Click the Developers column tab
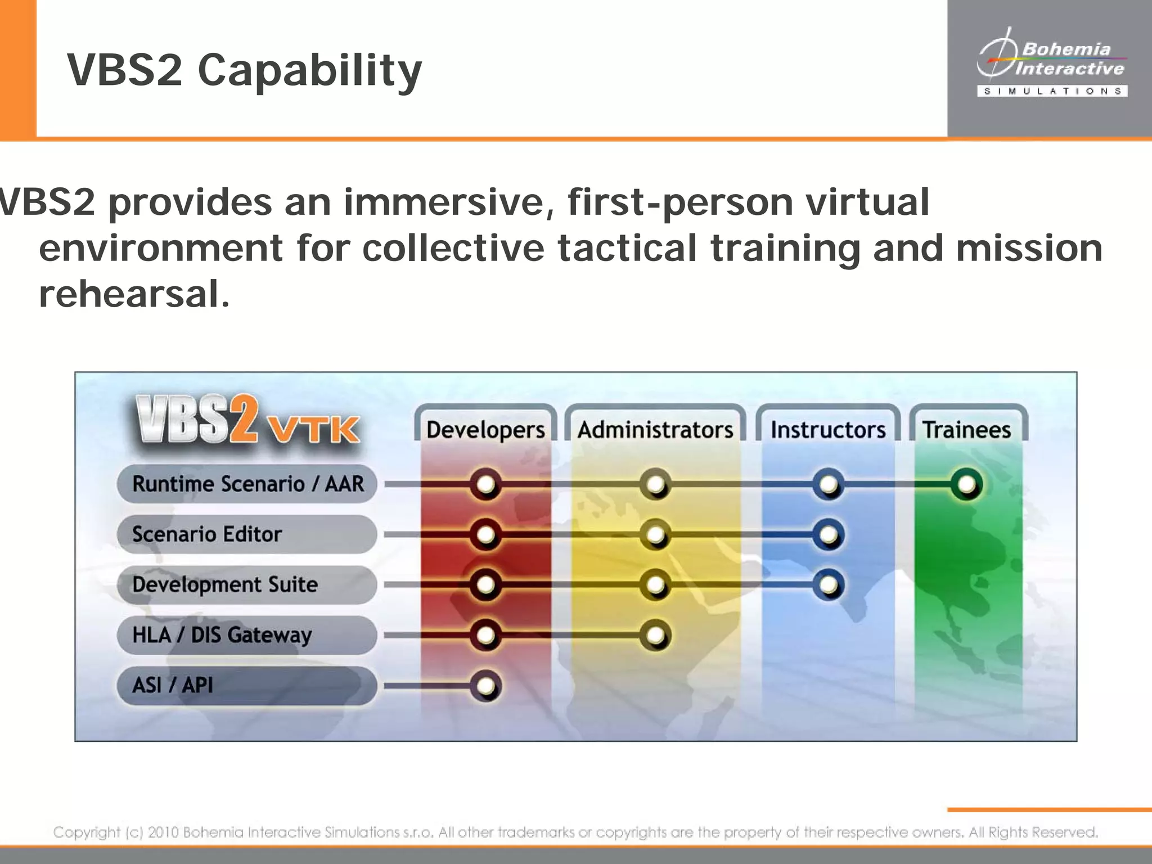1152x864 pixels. pyautogui.click(x=485, y=429)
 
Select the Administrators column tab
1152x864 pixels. pyautogui.click(x=655, y=429)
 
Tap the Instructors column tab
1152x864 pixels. pyautogui.click(x=828, y=429)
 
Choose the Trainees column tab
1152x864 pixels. pyautogui.click(x=967, y=429)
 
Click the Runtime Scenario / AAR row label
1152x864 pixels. pyautogui.click(x=247, y=484)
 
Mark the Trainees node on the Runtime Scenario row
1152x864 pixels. pyautogui.click(x=967, y=484)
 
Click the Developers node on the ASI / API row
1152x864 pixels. pyautogui.click(x=485, y=686)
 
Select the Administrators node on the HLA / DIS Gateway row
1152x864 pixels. pyautogui.click(x=655, y=636)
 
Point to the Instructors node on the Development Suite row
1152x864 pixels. pyautogui.click(x=828, y=585)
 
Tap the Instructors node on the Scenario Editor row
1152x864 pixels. pyautogui.click(x=828, y=534)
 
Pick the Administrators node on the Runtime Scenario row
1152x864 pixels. pyautogui.click(x=655, y=484)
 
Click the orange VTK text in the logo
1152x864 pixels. pyautogui.click(x=313, y=430)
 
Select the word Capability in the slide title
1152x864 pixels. pyautogui.click(x=309, y=71)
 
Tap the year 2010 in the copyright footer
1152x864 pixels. pyautogui.click(x=164, y=832)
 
